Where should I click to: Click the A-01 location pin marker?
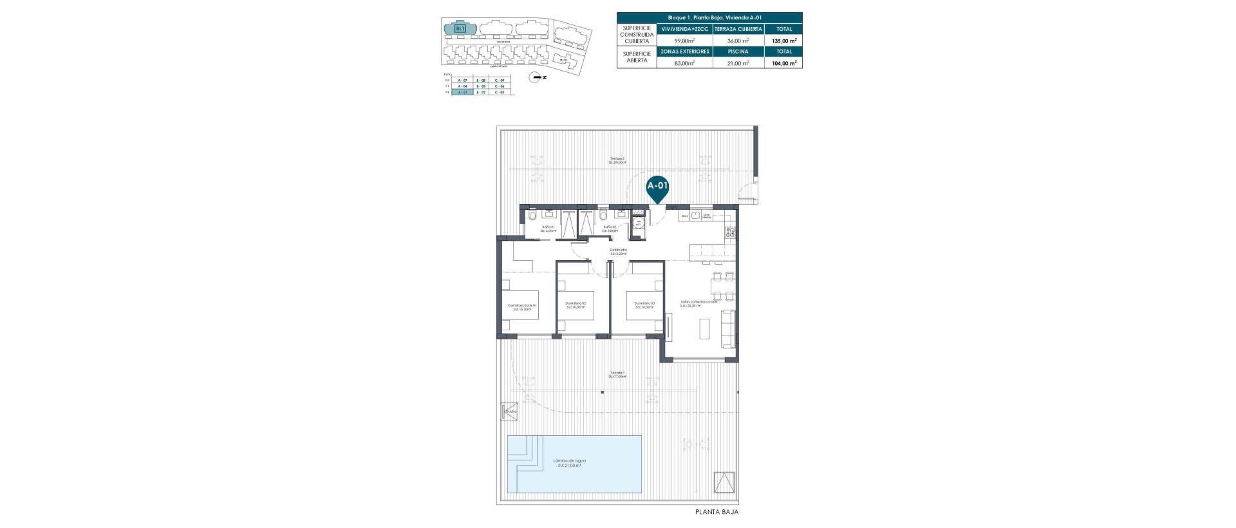pyautogui.click(x=657, y=187)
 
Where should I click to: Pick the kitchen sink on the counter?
pyautogui.click(x=685, y=216)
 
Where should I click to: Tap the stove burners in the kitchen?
pyautogui.click(x=731, y=232)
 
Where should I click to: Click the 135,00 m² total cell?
pyautogui.click(x=783, y=41)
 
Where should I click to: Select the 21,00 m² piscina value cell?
pyautogui.click(x=738, y=63)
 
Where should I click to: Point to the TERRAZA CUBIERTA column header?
pyautogui.click(x=738, y=29)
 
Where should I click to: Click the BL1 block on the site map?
pyautogui.click(x=459, y=28)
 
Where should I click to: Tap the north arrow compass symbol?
pyautogui.click(x=536, y=77)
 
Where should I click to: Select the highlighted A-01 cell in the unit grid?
pyautogui.click(x=460, y=93)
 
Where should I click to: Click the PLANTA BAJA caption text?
pyautogui.click(x=716, y=512)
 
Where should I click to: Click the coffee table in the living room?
pyautogui.click(x=705, y=329)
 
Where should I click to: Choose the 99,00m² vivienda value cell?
pyautogui.click(x=684, y=41)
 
